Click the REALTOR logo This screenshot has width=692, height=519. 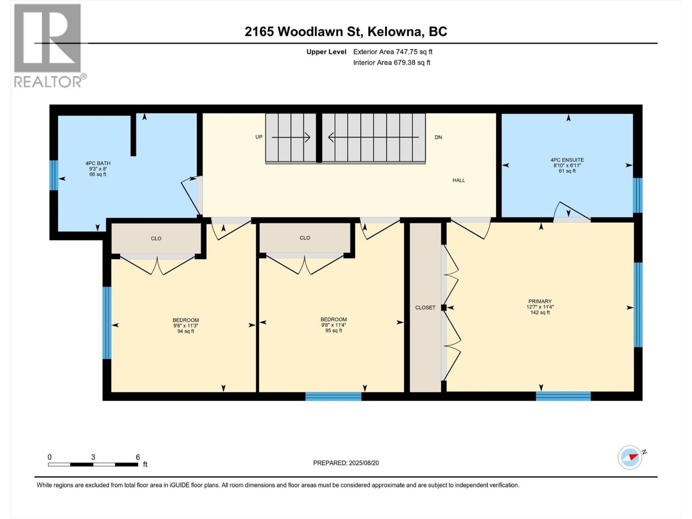coord(50,46)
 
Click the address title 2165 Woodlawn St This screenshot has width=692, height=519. coord(303,32)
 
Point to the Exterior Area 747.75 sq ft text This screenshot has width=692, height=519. coord(393,51)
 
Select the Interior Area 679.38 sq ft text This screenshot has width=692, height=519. coord(391,62)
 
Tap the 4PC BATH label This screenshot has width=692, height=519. coord(98,163)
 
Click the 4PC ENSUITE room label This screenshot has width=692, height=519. coord(567,160)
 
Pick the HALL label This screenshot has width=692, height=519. coord(459,180)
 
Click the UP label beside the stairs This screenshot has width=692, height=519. coord(259,137)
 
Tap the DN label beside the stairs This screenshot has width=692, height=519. coord(438,138)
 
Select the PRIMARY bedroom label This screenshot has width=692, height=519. coord(540,301)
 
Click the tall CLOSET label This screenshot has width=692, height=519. coord(425,308)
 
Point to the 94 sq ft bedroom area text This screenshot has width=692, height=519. coord(186,331)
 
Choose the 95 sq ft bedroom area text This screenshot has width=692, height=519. coord(333,330)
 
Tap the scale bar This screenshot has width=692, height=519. coord(93,465)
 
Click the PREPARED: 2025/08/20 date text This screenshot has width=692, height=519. coord(346,463)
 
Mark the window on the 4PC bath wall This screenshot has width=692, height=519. coord(54,175)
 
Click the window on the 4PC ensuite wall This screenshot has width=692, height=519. coord(638,195)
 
